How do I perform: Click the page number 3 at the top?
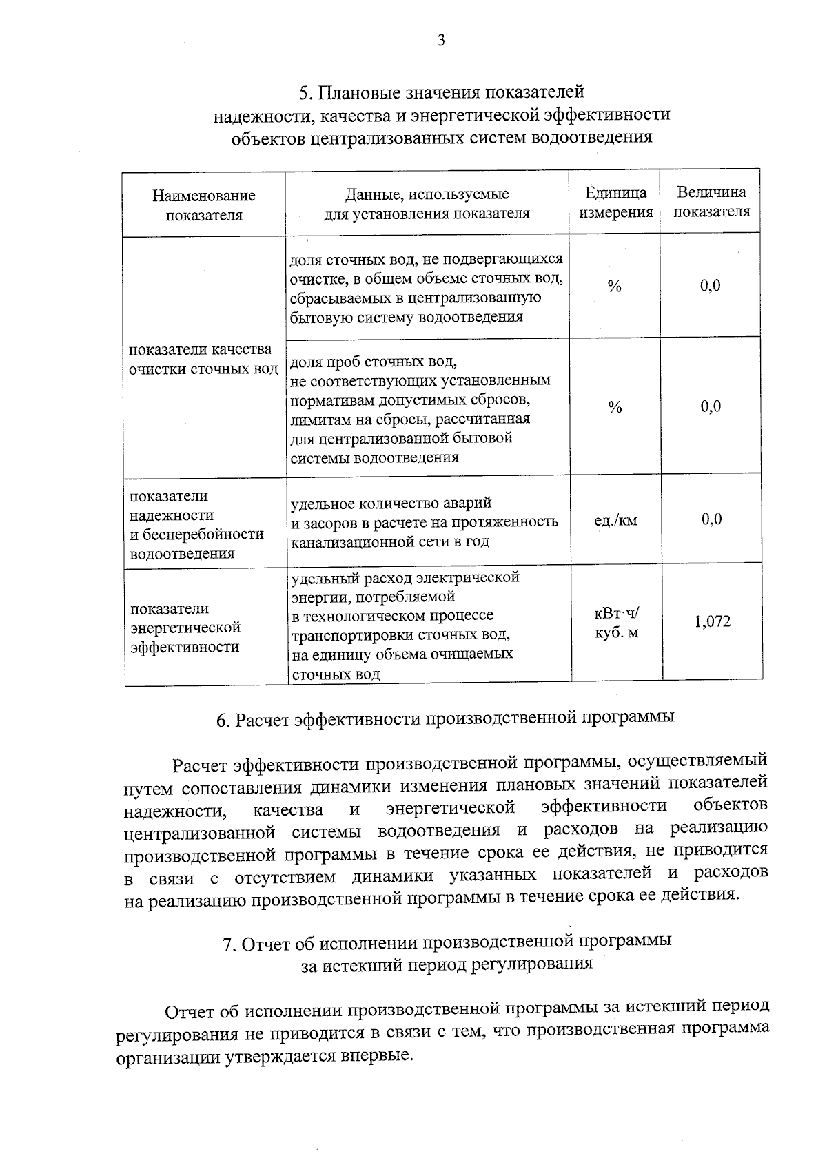pyautogui.click(x=441, y=41)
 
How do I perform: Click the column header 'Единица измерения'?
pyautogui.click(x=615, y=203)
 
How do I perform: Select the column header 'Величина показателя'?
pyautogui.click(x=711, y=202)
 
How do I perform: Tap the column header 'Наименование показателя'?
pyautogui.click(x=204, y=205)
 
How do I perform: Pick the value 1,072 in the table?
pyautogui.click(x=712, y=622)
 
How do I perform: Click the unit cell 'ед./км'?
pyautogui.click(x=615, y=521)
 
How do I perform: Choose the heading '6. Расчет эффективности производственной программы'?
pyautogui.click(x=445, y=718)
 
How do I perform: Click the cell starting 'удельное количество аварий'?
pyautogui.click(x=425, y=522)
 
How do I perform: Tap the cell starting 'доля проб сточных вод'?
pyautogui.click(x=420, y=409)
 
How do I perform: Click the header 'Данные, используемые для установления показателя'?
pyautogui.click(x=427, y=203)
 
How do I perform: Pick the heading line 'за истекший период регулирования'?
pyautogui.click(x=447, y=964)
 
